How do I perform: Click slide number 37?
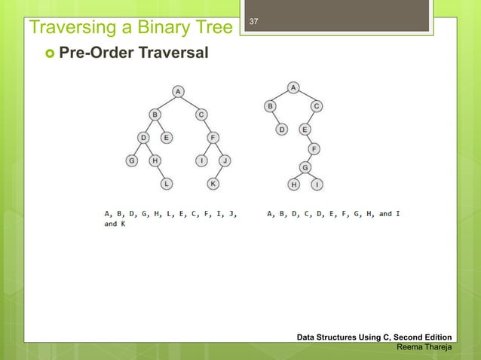coord(254,21)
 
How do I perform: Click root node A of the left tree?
coord(179,91)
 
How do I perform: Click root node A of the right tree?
coord(293,87)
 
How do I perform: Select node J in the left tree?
coord(225,160)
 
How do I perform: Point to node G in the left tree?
coord(131,160)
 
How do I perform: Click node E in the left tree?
coord(167,137)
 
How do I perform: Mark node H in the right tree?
coord(293,184)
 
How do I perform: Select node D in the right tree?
coord(281,129)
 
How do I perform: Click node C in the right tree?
coord(317,106)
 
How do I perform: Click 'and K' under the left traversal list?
coord(115,224)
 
